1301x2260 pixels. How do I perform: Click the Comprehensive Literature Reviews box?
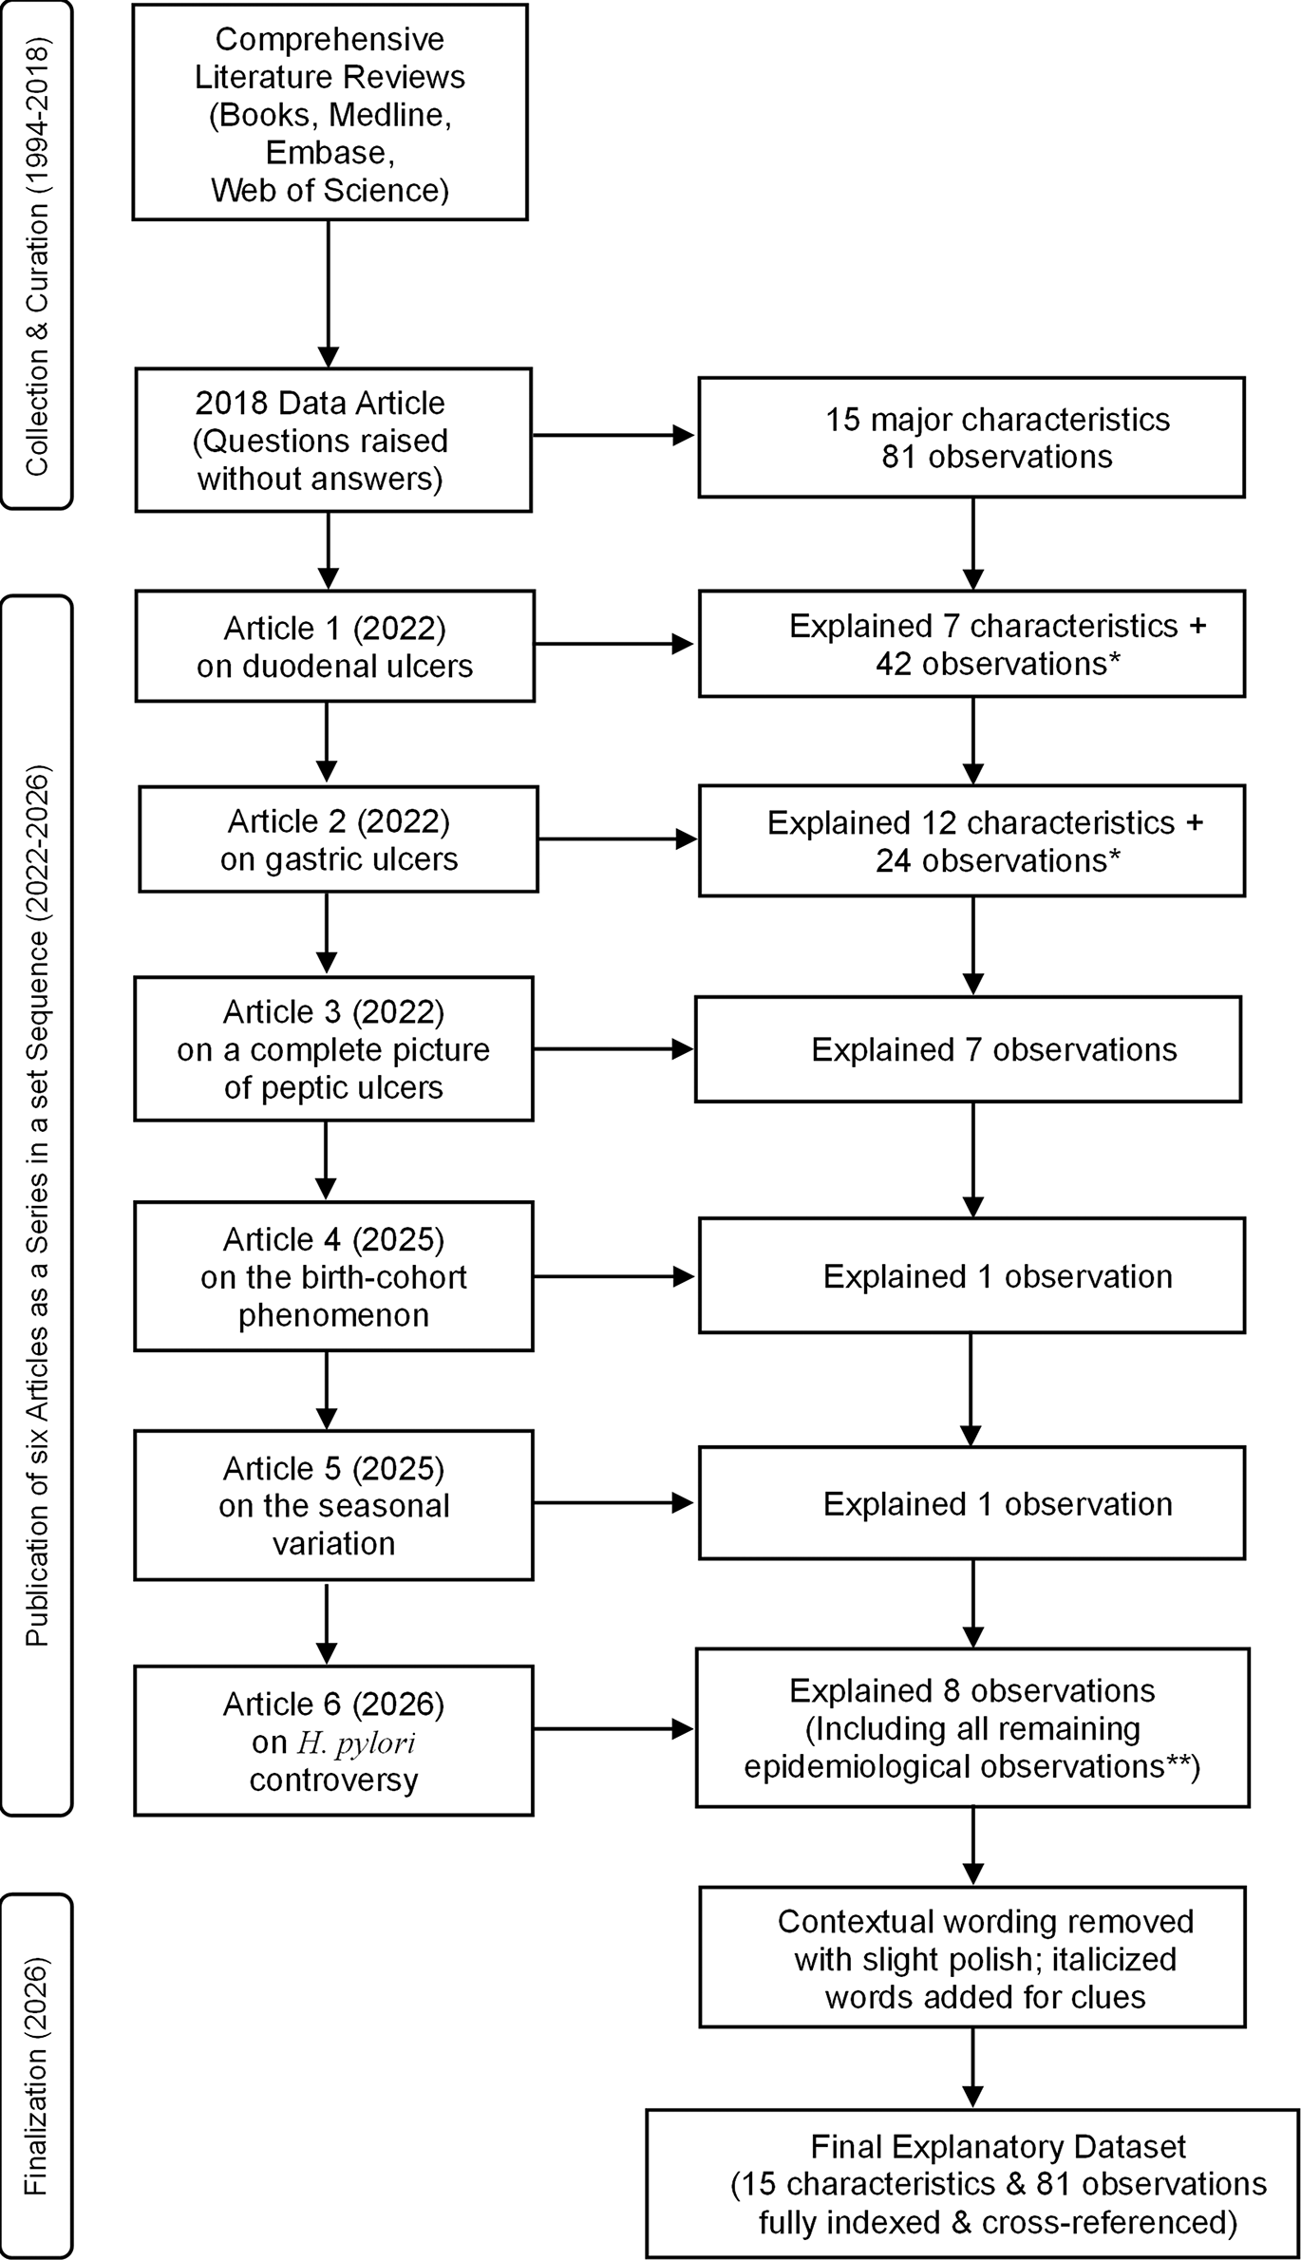(330, 112)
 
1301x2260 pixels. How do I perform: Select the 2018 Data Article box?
(333, 440)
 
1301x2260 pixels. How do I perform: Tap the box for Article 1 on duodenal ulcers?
(335, 646)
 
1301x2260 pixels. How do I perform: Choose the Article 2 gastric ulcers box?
(339, 838)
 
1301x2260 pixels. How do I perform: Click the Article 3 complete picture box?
(333, 1048)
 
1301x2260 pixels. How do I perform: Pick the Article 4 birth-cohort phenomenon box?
(333, 1275)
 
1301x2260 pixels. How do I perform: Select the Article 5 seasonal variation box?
(333, 1505)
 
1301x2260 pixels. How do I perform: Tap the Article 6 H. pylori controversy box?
(333, 1741)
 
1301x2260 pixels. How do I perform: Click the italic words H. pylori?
(356, 1742)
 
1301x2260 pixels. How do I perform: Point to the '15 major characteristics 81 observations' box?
(971, 438)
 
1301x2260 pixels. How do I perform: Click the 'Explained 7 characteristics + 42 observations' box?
(971, 644)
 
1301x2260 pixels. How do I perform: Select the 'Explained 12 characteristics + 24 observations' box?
(971, 840)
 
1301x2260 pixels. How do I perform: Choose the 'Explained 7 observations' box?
(968, 1048)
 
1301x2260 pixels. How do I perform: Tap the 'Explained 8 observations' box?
(972, 1727)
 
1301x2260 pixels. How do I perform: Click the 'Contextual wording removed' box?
(972, 1958)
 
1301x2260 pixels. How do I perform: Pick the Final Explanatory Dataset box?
(972, 2183)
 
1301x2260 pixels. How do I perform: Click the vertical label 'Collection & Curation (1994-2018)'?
(37, 255)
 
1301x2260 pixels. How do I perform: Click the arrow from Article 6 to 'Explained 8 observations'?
(613, 1729)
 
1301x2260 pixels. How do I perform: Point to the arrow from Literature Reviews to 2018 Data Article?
(328, 294)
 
